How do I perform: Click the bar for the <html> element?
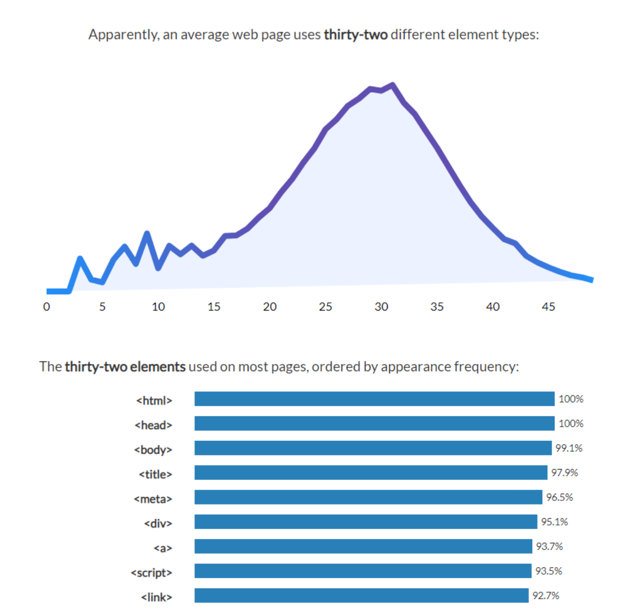(374, 399)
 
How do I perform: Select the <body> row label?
(153, 450)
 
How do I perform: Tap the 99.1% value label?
(569, 448)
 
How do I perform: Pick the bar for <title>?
(371, 473)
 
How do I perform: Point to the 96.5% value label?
(560, 497)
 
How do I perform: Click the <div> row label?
(158, 523)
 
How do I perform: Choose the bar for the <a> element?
(363, 546)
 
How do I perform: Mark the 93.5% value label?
(549, 571)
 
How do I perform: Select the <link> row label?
(156, 597)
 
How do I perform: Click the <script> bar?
(363, 571)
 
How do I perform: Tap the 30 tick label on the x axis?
(381, 307)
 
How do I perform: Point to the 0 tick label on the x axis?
(47, 307)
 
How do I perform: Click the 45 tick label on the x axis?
(548, 307)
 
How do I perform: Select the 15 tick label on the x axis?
(214, 307)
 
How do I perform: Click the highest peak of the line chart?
(392, 85)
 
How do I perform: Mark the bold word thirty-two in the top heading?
(355, 35)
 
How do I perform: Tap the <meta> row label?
(153, 499)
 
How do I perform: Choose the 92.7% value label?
(546, 596)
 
